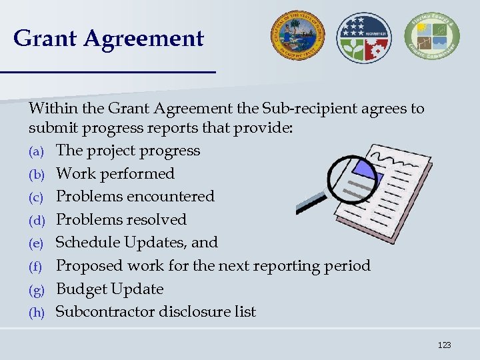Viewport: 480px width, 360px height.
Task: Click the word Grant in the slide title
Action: click(45, 38)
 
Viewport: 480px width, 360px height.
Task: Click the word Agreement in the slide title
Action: click(144, 38)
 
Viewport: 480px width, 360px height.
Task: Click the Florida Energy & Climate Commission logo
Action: click(431, 37)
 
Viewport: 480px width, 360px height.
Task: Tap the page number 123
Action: click(445, 345)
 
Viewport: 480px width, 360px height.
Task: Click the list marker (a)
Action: click(35, 151)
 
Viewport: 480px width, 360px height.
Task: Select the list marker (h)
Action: click(35, 313)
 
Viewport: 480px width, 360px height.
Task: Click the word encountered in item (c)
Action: click(173, 197)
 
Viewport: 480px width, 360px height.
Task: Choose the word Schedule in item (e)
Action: click(87, 243)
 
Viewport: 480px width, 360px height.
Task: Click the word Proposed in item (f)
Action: click(87, 266)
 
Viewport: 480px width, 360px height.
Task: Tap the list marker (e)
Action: click(35, 243)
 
